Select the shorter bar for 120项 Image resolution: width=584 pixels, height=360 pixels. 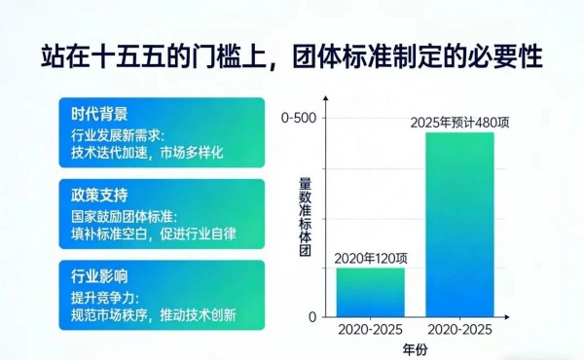(370, 292)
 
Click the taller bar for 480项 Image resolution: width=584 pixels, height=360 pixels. (458, 224)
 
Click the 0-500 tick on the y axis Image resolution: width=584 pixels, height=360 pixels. (299, 118)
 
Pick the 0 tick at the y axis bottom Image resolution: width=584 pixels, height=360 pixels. (312, 317)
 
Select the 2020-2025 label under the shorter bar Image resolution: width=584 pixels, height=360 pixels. (371, 330)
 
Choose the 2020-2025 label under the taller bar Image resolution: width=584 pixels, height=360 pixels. (458, 330)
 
